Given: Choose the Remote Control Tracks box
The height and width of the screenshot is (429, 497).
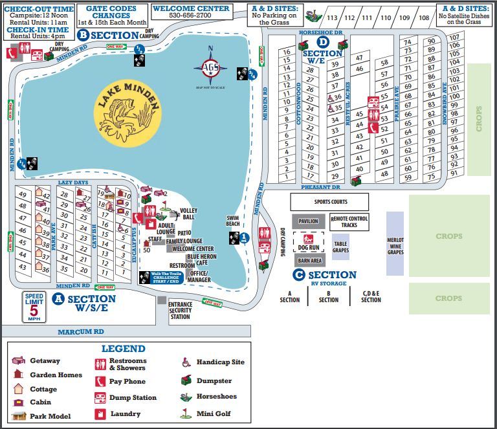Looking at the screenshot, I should (349, 221).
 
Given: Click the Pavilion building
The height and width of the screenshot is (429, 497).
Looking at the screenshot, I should (308, 221).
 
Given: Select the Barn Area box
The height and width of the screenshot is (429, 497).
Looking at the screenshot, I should (309, 260).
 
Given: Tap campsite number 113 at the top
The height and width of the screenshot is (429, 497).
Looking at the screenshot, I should (332, 17).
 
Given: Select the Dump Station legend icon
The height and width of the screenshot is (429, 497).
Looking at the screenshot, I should (100, 397).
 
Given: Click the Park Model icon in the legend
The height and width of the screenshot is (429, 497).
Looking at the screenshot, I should (19, 415).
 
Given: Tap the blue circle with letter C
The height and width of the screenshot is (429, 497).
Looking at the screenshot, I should (299, 275).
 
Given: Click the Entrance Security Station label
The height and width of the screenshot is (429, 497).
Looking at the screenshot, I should (180, 310).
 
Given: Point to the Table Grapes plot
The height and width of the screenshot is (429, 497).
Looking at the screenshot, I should (340, 247).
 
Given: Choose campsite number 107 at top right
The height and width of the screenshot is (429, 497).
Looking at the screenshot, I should (454, 37).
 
